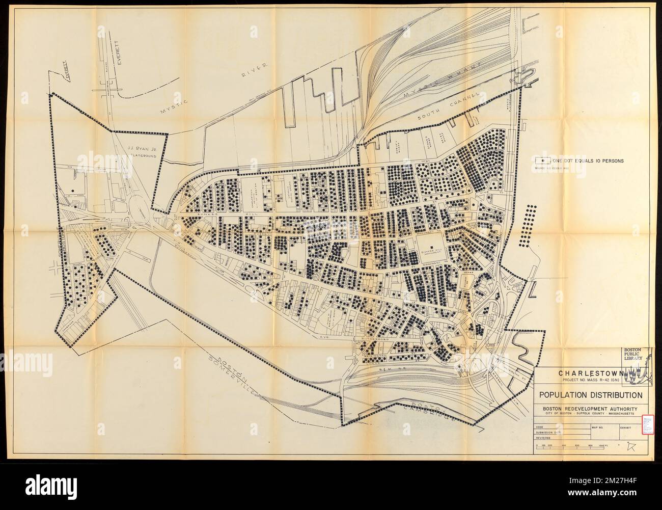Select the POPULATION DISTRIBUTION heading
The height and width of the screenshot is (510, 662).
(590, 395)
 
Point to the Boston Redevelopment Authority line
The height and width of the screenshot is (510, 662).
(590, 408)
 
